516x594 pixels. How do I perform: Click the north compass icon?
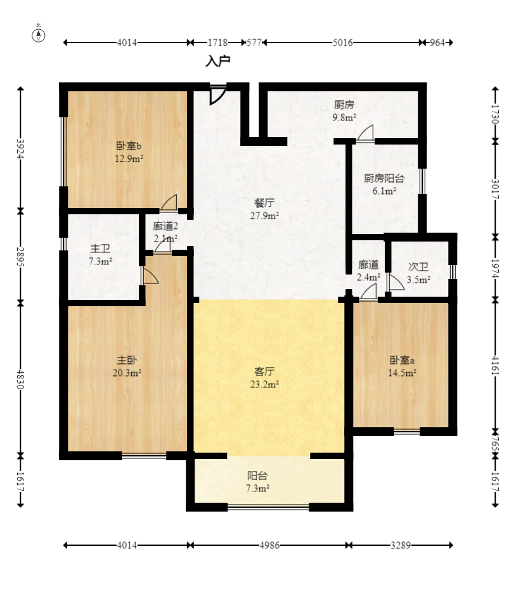click(x=38, y=34)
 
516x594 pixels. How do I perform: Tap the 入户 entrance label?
click(x=218, y=61)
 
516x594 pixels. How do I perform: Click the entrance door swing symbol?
click(x=217, y=95)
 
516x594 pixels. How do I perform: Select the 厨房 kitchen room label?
click(x=344, y=105)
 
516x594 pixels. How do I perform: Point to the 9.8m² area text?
click(x=344, y=117)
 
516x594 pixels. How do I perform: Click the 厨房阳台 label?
click(x=384, y=178)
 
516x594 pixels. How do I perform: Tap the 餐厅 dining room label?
click(x=264, y=203)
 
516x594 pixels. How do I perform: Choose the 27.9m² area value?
click(x=264, y=216)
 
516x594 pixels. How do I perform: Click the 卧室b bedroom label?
click(x=129, y=145)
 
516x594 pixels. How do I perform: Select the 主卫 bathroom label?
click(x=100, y=249)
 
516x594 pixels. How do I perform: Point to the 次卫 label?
click(x=418, y=267)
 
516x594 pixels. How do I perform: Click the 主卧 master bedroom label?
click(x=127, y=360)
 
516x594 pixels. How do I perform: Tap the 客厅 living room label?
click(x=264, y=371)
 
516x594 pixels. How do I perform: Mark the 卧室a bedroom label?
click(x=402, y=360)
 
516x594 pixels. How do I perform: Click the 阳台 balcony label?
click(x=257, y=475)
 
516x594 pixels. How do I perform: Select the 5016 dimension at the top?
click(x=342, y=42)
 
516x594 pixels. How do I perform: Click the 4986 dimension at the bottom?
click(x=269, y=545)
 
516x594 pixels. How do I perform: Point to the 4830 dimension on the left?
click(x=20, y=380)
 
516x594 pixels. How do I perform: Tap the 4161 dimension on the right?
click(x=495, y=365)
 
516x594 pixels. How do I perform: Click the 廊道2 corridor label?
click(x=165, y=226)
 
